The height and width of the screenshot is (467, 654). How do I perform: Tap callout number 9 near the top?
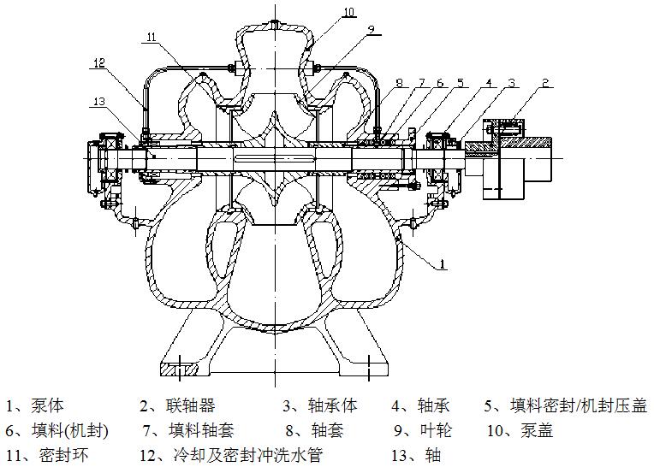point(371,29)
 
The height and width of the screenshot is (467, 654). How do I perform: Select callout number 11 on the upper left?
point(151,38)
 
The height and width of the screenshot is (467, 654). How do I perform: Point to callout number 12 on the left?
point(99,62)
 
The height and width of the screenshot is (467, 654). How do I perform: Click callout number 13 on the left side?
point(99,101)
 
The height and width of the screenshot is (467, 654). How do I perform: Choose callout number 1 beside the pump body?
point(443,265)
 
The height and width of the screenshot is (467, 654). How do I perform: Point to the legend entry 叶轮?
point(425,430)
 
